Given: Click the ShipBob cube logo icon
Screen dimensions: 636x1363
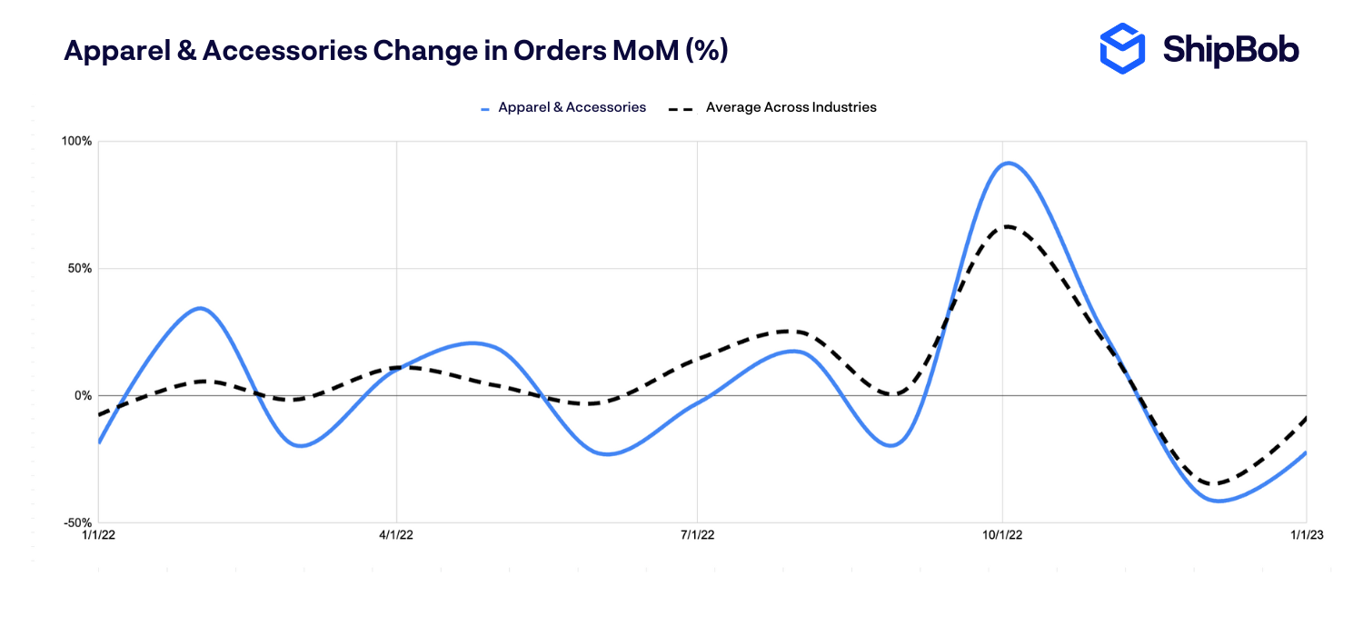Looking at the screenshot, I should (1123, 48).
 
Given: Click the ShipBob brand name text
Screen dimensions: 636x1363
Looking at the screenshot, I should (1230, 49).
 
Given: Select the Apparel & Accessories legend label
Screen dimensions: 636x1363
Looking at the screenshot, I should (572, 107).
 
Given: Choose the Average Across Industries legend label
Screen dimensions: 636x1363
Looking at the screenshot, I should (791, 107).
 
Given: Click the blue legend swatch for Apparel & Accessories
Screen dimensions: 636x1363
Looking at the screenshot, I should (486, 108).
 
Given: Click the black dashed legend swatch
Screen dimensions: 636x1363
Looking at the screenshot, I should (681, 108).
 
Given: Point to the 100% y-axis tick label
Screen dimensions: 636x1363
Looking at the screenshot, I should (76, 142).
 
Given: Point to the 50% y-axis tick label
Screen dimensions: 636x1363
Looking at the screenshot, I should (79, 269).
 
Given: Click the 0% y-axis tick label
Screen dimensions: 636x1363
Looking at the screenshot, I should (83, 396).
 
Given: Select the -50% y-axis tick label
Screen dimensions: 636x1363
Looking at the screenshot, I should (77, 523).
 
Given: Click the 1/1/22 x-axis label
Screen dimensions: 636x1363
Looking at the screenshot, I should (98, 536).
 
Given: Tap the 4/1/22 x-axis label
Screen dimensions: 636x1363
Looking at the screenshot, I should (396, 536).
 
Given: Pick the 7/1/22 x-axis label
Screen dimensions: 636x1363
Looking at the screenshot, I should (697, 536).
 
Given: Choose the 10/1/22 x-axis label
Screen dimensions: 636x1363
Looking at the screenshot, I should (1002, 536).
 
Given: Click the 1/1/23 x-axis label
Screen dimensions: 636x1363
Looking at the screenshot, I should (1305, 536).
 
